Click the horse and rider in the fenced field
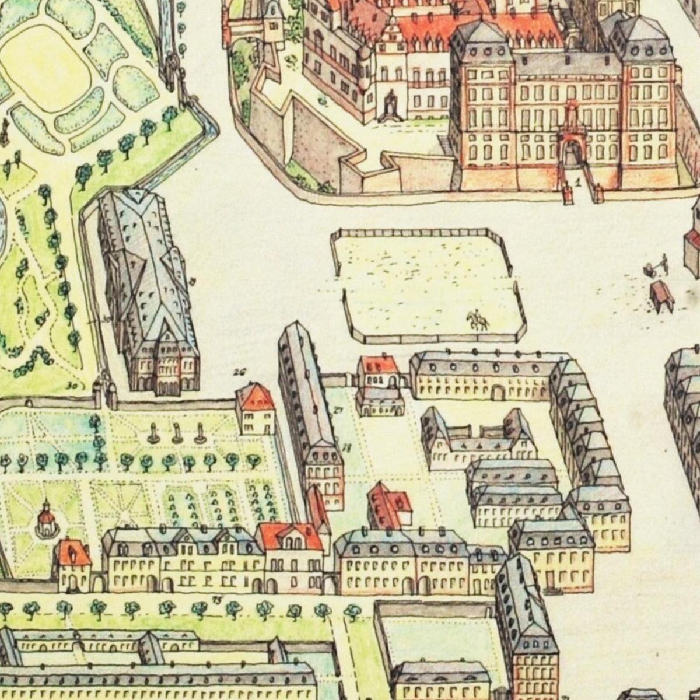tap(477, 320)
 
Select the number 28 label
tap(346, 448)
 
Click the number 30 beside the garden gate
tap(72, 385)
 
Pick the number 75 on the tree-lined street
tap(218, 599)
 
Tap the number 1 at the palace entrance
tap(577, 182)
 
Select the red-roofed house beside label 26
tap(256, 408)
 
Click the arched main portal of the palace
tap(571, 153)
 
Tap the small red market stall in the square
tap(662, 295)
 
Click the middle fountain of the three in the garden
tap(177, 433)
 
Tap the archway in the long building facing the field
tap(498, 392)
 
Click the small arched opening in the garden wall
tap(28, 402)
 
